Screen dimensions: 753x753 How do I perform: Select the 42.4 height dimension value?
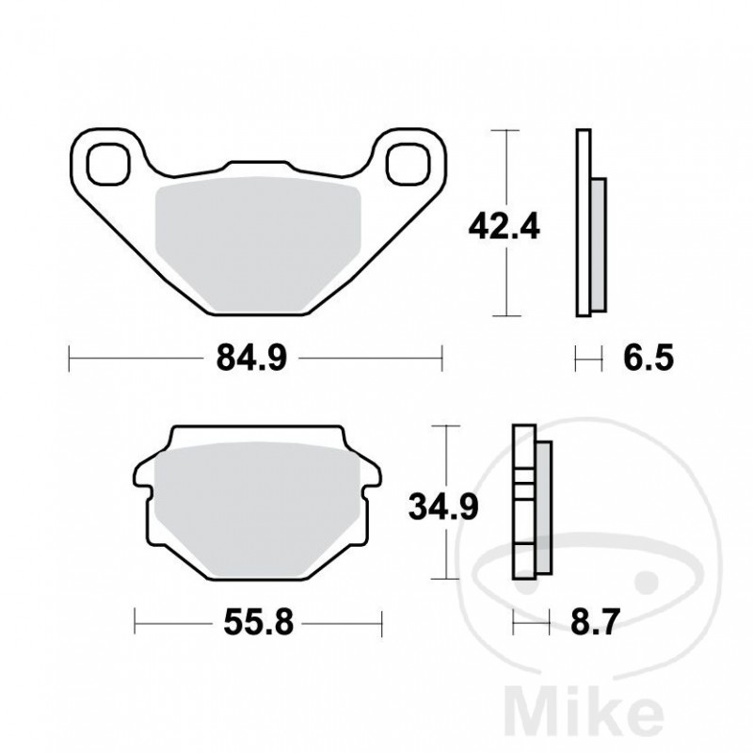(x=505, y=226)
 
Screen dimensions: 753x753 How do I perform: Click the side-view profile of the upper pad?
(x=588, y=226)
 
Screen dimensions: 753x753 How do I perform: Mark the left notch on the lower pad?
(x=146, y=488)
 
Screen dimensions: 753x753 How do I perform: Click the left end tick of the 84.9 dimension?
(x=72, y=358)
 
